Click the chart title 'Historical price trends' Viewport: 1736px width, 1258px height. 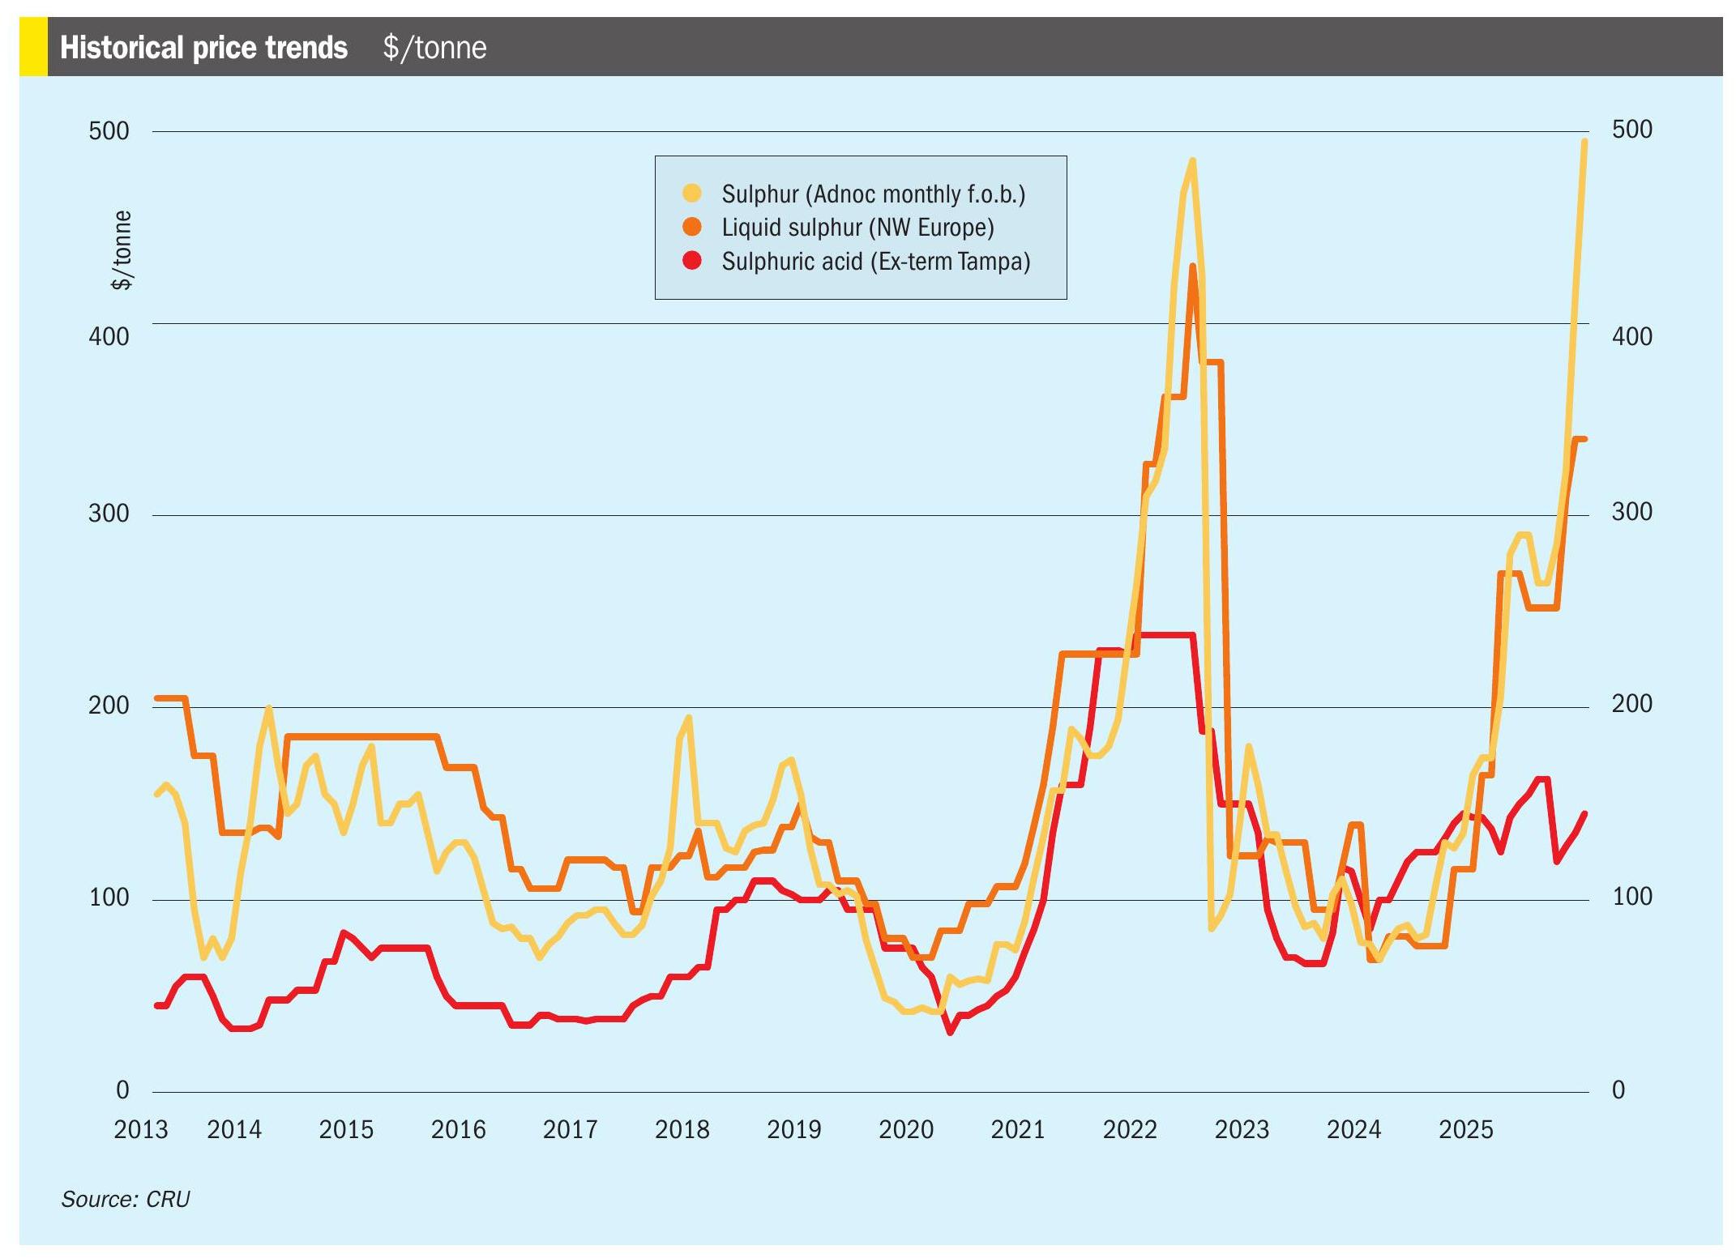point(203,48)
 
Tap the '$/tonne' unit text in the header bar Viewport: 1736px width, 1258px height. point(435,48)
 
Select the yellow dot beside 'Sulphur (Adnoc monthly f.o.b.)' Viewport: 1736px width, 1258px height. point(692,193)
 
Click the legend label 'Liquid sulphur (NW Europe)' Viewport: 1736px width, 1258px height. point(857,228)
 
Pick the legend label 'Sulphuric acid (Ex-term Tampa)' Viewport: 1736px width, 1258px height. point(875,262)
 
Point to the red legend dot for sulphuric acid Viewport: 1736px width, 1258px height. point(692,261)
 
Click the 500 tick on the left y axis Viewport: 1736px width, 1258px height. point(109,131)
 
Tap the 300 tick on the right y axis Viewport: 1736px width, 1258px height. point(1631,512)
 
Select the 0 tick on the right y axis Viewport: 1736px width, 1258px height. point(1618,1090)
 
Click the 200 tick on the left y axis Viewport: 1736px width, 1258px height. point(109,706)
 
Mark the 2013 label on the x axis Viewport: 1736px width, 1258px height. point(140,1129)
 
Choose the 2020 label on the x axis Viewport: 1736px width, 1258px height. point(906,1129)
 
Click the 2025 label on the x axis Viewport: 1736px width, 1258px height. point(1465,1129)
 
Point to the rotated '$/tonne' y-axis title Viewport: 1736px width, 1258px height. point(122,249)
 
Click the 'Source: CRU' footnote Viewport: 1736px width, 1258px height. point(125,1199)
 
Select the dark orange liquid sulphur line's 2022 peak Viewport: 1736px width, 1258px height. point(1193,266)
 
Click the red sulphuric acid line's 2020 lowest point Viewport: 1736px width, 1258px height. point(951,1033)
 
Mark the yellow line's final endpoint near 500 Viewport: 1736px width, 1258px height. point(1584,142)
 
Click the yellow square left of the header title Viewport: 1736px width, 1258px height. point(33,48)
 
